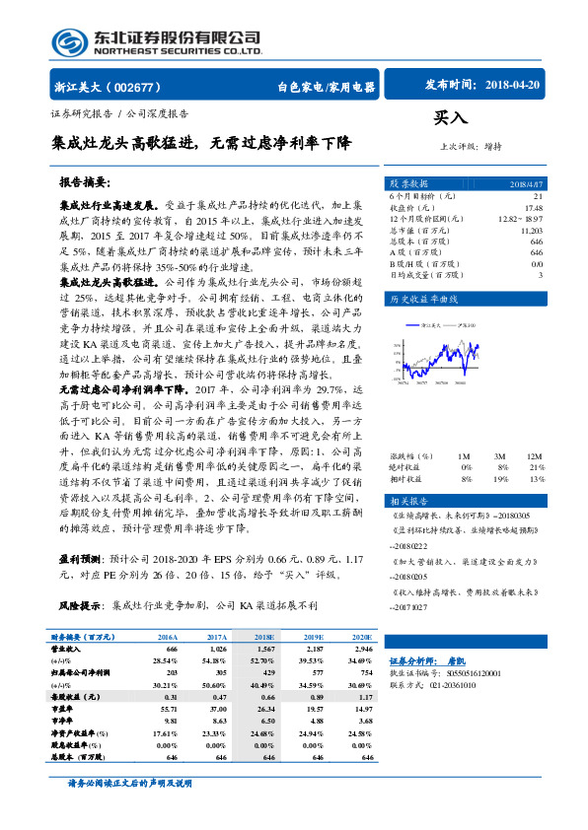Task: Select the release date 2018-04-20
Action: tap(513, 86)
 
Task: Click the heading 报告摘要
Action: tap(86, 183)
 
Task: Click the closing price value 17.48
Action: tap(533, 208)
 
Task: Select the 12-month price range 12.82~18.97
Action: tap(521, 218)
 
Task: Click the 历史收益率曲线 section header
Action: tap(424, 297)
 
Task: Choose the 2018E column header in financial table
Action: tap(264, 637)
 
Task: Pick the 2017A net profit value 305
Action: tap(218, 672)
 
